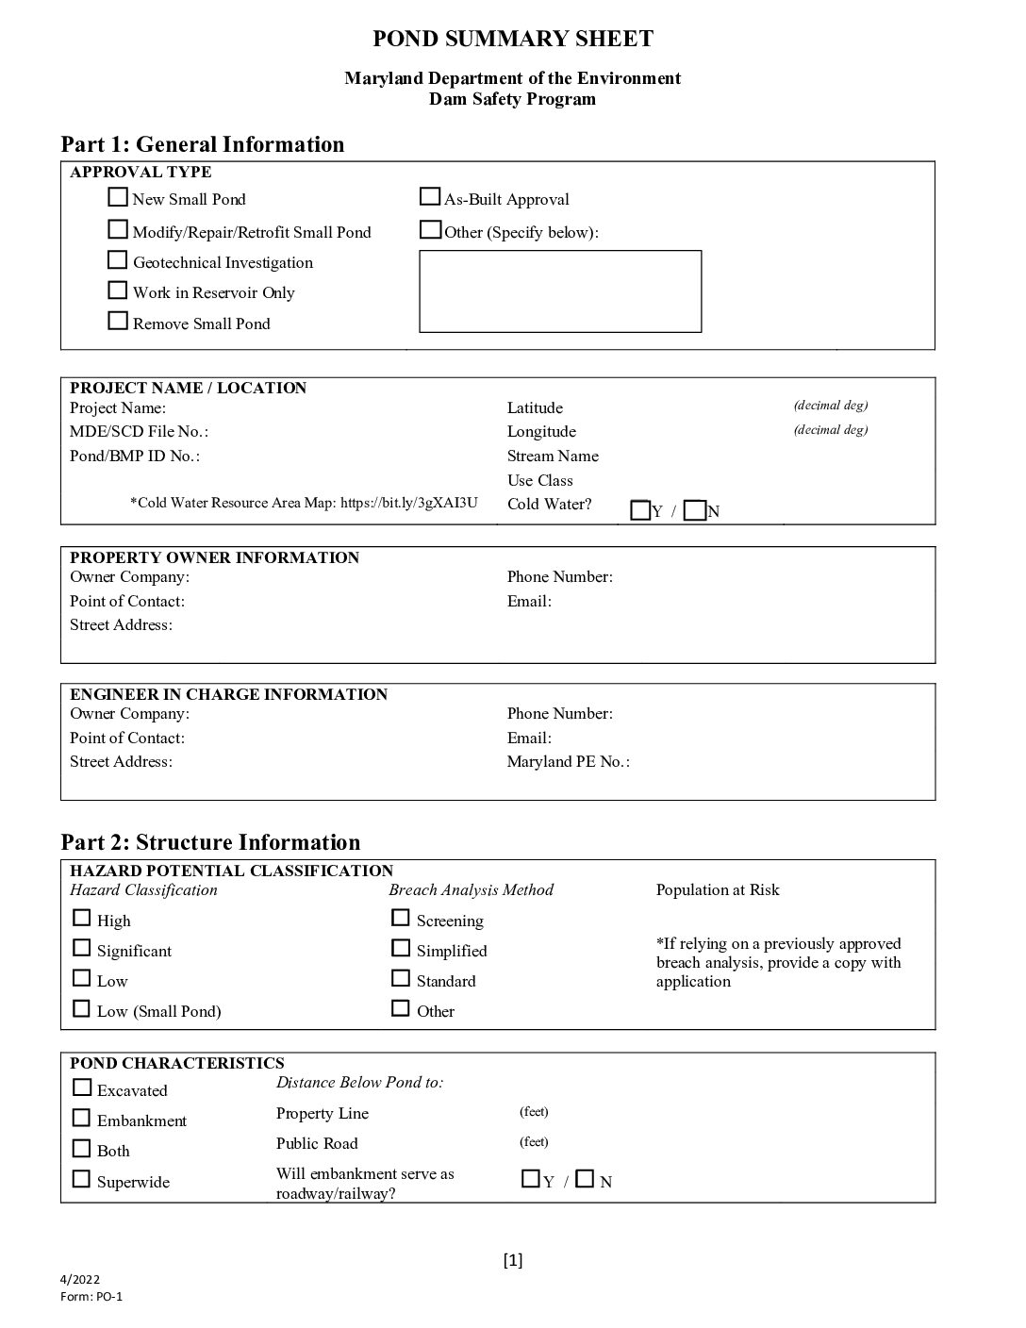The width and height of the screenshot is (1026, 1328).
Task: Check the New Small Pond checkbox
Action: (118, 198)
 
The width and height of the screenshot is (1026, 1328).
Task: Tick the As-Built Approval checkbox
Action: (429, 197)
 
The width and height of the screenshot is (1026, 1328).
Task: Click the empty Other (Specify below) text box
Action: (560, 291)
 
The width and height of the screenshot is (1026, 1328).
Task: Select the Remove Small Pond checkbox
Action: (118, 322)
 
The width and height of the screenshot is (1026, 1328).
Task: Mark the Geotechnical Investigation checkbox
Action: (118, 260)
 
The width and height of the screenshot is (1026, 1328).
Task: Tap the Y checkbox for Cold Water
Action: (640, 511)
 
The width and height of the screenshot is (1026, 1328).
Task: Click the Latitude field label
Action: (535, 408)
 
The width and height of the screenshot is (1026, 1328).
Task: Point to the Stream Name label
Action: (553, 456)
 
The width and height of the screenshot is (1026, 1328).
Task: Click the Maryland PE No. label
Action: (568, 762)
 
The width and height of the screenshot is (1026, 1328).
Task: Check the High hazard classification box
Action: (82, 919)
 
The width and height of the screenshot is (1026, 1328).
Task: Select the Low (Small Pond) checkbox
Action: (82, 1009)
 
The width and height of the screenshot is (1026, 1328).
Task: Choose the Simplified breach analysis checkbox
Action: (401, 949)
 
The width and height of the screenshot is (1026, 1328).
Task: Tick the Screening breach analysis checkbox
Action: (401, 919)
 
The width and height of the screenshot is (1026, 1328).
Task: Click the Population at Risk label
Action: (718, 890)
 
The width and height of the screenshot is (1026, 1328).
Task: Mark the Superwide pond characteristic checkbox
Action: (82, 1180)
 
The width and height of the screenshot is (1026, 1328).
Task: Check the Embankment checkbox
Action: (82, 1119)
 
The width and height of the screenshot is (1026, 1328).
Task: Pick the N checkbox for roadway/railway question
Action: (585, 1179)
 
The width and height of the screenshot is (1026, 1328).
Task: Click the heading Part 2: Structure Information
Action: (210, 842)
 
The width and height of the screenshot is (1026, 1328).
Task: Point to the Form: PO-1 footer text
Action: (91, 1296)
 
